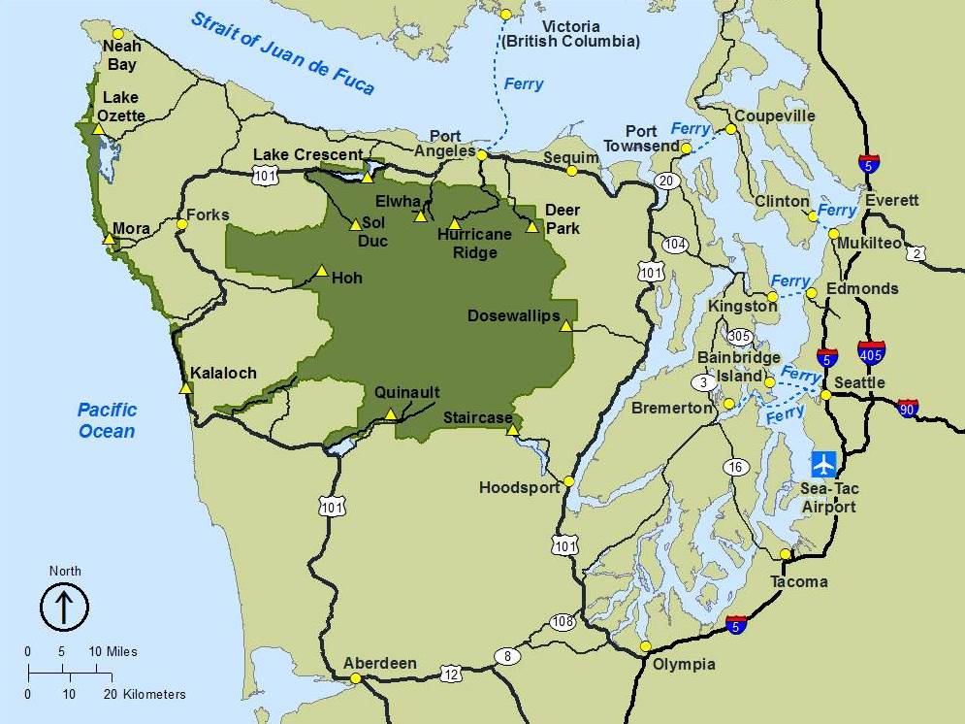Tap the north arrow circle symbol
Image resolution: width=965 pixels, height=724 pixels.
coord(64,608)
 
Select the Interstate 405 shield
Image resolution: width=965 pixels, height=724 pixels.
coord(871,351)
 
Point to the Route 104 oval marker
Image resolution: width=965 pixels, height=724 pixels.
coord(676,244)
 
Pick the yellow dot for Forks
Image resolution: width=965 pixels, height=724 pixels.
coord(181,224)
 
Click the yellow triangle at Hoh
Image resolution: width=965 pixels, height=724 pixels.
coord(321,271)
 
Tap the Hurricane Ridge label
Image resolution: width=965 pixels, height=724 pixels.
coord(466,244)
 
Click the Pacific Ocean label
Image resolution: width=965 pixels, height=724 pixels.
coord(107,420)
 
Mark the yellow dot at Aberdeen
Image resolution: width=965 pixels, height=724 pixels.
coord(356,678)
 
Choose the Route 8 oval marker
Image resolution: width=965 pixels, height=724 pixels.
coord(507,657)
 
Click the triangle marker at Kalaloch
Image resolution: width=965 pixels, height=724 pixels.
coord(185,388)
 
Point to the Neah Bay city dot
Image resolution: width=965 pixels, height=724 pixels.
coord(118,34)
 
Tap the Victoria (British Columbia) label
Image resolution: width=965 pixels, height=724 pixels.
coord(570,34)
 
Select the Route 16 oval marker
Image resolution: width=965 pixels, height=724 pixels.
coord(736,468)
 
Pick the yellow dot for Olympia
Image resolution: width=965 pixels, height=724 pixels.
coord(646,646)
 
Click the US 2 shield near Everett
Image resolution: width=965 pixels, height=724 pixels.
coord(917,253)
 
